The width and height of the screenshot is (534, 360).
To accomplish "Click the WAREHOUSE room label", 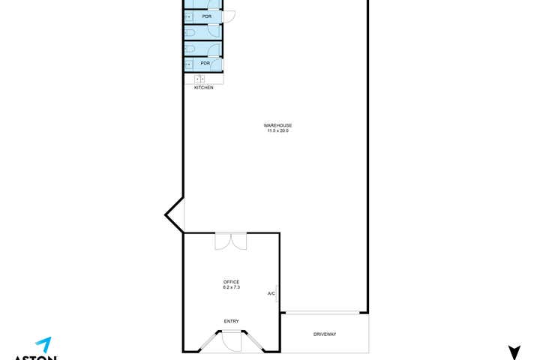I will click(x=277, y=125).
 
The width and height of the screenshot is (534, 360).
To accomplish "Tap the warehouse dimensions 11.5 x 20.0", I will click(x=277, y=131).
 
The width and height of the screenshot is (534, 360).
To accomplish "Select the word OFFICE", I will click(x=231, y=282).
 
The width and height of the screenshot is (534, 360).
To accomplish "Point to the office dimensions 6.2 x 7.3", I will click(x=231, y=288).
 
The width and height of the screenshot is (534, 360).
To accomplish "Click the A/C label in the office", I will click(x=271, y=293).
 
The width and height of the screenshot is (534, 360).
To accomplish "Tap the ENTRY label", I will click(x=231, y=322).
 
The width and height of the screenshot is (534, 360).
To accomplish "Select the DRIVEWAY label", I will click(x=325, y=334).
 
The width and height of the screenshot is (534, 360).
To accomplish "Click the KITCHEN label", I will click(x=203, y=88).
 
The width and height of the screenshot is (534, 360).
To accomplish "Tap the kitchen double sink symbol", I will click(x=200, y=79).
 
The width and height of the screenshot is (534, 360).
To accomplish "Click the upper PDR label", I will click(x=206, y=16).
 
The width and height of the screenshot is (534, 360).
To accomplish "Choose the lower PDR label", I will click(x=205, y=64).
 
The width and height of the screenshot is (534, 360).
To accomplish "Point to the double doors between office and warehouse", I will click(x=231, y=241).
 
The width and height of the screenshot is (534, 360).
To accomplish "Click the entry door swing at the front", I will click(x=232, y=341).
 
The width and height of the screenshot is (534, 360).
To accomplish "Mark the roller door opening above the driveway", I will click(x=324, y=313).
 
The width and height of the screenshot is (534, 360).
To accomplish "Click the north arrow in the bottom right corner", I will click(x=514, y=352).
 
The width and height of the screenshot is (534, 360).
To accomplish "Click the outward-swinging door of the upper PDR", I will click(x=229, y=16).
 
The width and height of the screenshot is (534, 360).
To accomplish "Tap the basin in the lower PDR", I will click(x=188, y=64).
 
